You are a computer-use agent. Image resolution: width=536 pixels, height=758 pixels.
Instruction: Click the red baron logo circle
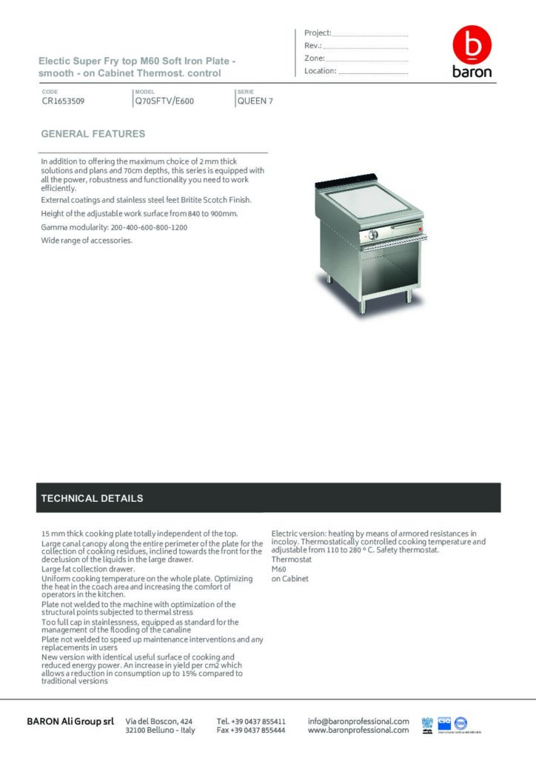tap(472, 46)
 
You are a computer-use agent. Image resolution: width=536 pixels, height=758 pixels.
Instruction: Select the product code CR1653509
tap(63, 101)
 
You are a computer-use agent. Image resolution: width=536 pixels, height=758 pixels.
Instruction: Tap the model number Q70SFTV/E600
tap(164, 101)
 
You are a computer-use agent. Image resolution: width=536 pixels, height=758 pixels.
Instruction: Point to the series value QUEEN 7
tap(255, 101)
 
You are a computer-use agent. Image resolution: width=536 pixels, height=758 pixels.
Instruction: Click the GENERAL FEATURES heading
tap(93, 134)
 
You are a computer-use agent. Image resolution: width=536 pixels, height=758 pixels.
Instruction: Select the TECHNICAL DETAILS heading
tap(92, 498)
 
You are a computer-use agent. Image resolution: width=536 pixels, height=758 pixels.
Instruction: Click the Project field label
tap(318, 33)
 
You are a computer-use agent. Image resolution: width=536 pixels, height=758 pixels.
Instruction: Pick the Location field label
tap(320, 71)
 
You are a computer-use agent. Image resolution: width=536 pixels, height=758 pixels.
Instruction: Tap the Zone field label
tap(314, 58)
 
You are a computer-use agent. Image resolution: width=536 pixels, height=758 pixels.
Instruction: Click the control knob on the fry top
tap(375, 235)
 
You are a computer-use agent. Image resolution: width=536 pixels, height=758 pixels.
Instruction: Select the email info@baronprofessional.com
tap(358, 721)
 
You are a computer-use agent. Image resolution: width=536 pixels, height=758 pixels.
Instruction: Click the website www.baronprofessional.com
tap(358, 730)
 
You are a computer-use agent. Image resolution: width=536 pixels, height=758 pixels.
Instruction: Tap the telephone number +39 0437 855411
tap(251, 721)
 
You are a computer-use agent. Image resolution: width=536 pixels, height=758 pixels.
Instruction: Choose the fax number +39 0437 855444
tap(251, 730)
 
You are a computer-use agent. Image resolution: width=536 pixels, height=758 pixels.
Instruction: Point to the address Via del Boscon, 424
tap(159, 721)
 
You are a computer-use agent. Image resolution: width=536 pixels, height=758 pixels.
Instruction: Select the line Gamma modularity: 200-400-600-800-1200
tap(114, 227)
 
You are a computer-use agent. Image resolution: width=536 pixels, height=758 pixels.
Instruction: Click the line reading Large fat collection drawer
tap(88, 569)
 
